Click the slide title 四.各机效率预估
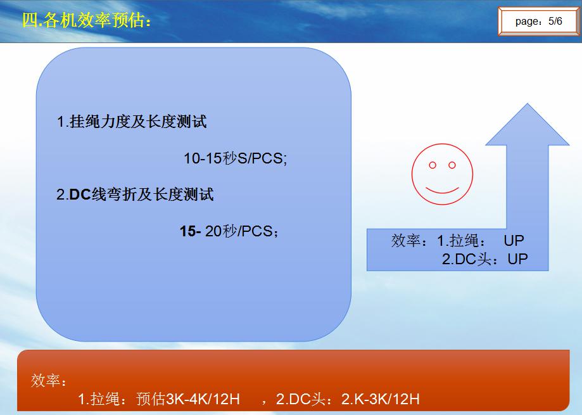coord(87,20)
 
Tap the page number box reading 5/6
coord(538,21)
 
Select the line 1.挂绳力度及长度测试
coord(132,122)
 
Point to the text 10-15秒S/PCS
coord(236,158)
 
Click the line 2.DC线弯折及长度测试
coord(135,195)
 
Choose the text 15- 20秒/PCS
coord(229,231)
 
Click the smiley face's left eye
coord(433,165)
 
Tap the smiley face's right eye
coord(452,165)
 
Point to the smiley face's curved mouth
coord(442,191)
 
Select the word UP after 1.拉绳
coord(514,241)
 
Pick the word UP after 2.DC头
coord(517,259)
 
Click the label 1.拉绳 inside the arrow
coord(461,241)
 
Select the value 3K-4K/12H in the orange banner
coord(203,399)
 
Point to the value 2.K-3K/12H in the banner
coord(380,399)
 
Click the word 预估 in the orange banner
coord(150,399)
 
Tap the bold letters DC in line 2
coord(80,195)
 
